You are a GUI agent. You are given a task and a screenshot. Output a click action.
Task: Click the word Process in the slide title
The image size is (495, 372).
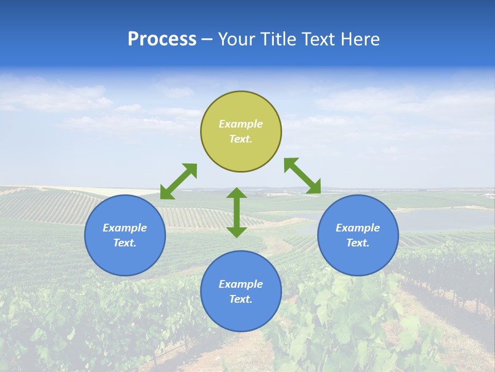[162, 39]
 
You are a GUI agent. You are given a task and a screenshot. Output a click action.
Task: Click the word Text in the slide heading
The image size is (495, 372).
[319, 39]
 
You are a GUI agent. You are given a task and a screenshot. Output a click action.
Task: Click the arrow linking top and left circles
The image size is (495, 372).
[178, 181]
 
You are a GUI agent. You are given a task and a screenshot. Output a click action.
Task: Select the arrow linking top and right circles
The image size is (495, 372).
[302, 176]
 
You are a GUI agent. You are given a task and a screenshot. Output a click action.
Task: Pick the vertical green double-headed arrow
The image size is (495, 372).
[237, 212]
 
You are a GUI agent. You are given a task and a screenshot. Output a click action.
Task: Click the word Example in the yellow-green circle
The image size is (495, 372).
[241, 124]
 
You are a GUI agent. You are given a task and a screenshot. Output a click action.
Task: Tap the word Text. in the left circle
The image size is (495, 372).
[125, 243]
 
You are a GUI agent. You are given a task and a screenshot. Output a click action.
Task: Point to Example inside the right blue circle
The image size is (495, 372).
[358, 228]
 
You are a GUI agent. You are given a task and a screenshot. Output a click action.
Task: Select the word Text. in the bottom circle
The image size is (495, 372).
[241, 299]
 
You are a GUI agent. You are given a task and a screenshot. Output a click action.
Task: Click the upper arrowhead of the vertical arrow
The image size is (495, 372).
[237, 193]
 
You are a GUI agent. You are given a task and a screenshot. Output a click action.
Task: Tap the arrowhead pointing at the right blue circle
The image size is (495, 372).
[313, 187]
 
